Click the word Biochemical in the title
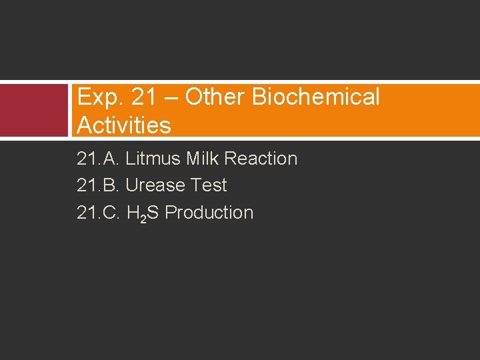(x=316, y=97)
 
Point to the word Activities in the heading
(x=124, y=125)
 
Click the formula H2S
(x=142, y=213)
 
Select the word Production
(x=209, y=213)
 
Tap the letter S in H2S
(x=153, y=213)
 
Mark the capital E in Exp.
(x=83, y=97)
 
